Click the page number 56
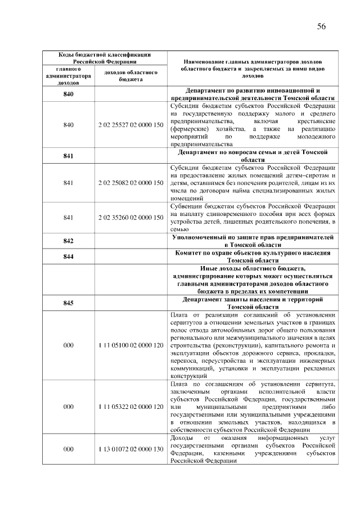click(322, 26)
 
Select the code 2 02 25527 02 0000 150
click(130, 124)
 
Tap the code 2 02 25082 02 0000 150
click(130, 183)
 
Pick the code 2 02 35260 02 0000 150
click(130, 217)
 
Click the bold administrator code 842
click(69, 241)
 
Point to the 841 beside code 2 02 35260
click(69, 217)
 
